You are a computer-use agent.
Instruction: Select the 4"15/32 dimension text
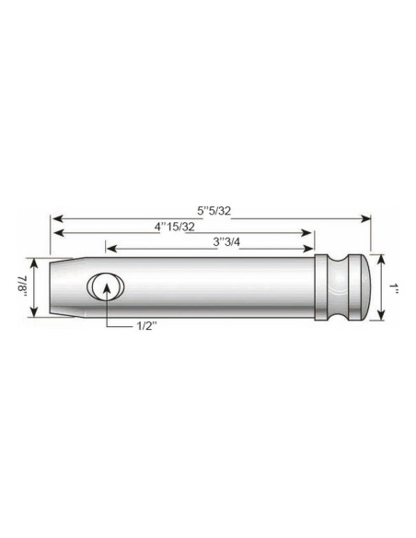[174, 227]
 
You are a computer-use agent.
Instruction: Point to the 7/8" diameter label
[19, 287]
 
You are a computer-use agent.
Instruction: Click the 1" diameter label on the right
[394, 287]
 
